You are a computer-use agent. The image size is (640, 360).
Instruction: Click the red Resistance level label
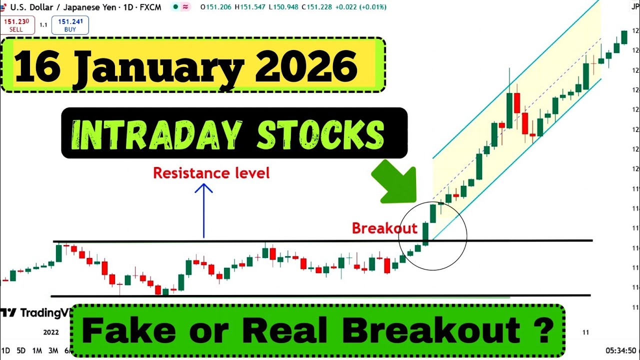(211, 173)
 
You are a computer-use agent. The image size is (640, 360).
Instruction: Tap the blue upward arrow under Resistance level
(203, 210)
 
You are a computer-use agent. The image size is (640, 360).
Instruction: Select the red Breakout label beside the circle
(384, 228)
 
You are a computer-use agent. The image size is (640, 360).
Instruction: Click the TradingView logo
(35, 313)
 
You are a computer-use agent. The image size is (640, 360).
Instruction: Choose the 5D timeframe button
(21, 351)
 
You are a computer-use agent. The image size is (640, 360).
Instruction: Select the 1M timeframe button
(37, 351)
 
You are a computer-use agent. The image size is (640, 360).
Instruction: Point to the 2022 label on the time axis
(51, 332)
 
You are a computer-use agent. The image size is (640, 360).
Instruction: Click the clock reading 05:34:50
(620, 351)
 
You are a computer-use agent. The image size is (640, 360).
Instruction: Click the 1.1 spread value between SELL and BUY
(43, 25)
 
